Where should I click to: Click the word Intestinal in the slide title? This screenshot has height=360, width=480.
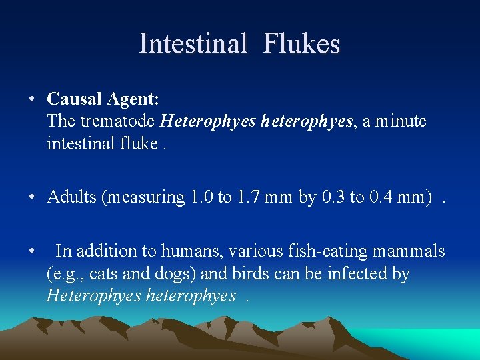point(193,44)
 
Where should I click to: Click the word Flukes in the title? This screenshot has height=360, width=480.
point(301,44)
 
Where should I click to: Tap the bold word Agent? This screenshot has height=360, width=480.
point(133,100)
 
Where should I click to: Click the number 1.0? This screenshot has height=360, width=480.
point(203,197)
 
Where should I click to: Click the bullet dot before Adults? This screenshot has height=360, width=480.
point(32,198)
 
